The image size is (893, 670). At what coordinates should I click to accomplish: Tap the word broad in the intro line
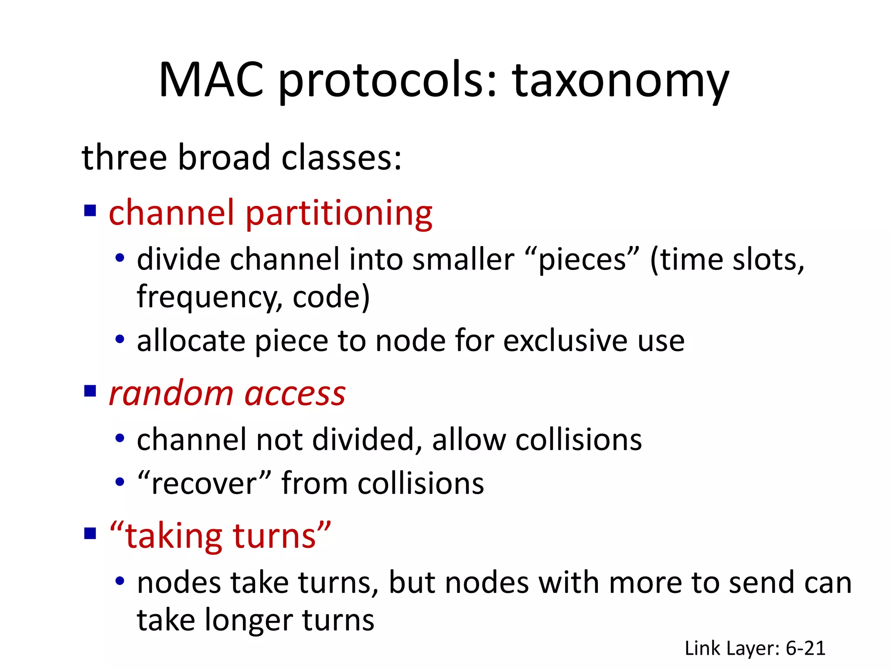click(x=224, y=157)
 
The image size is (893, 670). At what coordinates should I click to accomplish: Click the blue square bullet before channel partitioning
click(x=90, y=211)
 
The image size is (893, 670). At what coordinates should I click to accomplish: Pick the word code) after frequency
click(x=331, y=297)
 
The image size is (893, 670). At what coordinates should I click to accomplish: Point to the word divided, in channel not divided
click(x=367, y=440)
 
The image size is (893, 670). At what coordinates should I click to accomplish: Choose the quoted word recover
click(x=204, y=484)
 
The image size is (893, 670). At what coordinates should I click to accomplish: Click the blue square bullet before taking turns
click(x=90, y=533)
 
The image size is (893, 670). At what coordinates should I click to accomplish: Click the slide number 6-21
click(x=805, y=649)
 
